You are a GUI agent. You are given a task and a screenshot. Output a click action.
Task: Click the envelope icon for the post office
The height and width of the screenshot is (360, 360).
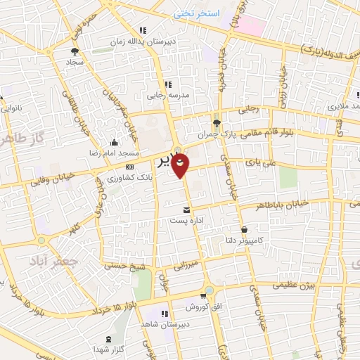pos(186,210)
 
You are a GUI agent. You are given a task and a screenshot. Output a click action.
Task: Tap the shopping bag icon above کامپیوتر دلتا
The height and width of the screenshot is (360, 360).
pos(244,229)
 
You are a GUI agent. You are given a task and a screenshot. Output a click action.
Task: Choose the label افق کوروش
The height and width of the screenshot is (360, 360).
pos(202,307)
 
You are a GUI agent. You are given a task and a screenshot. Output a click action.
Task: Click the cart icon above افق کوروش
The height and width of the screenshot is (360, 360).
pos(202,296)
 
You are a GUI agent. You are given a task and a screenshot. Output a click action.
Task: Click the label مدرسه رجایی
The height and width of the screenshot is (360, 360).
pos(164,96)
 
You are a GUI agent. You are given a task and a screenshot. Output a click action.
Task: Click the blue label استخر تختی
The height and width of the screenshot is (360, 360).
pos(198,13)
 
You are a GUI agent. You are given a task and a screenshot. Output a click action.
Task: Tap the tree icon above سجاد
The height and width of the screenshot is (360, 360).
pos(75,51)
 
